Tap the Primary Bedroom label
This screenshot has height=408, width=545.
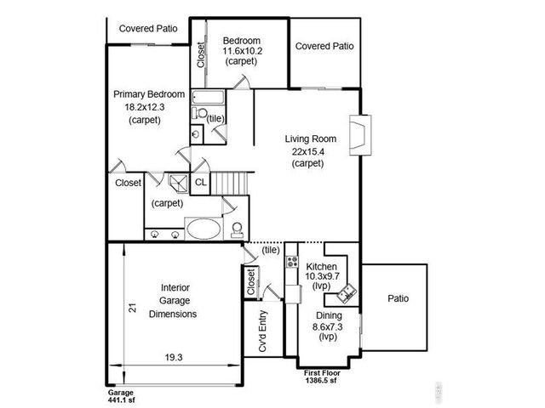pos(149,94)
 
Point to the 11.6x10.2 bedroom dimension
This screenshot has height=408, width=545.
pos(242,51)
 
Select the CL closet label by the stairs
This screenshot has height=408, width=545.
pos(201,182)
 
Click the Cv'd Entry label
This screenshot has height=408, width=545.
pos(264,331)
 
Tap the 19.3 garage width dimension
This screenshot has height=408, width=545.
pos(174,358)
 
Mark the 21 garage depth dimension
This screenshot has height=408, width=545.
pos(133,309)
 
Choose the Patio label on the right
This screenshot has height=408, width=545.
pos(399,299)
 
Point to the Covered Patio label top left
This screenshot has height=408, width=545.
pos(148,28)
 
